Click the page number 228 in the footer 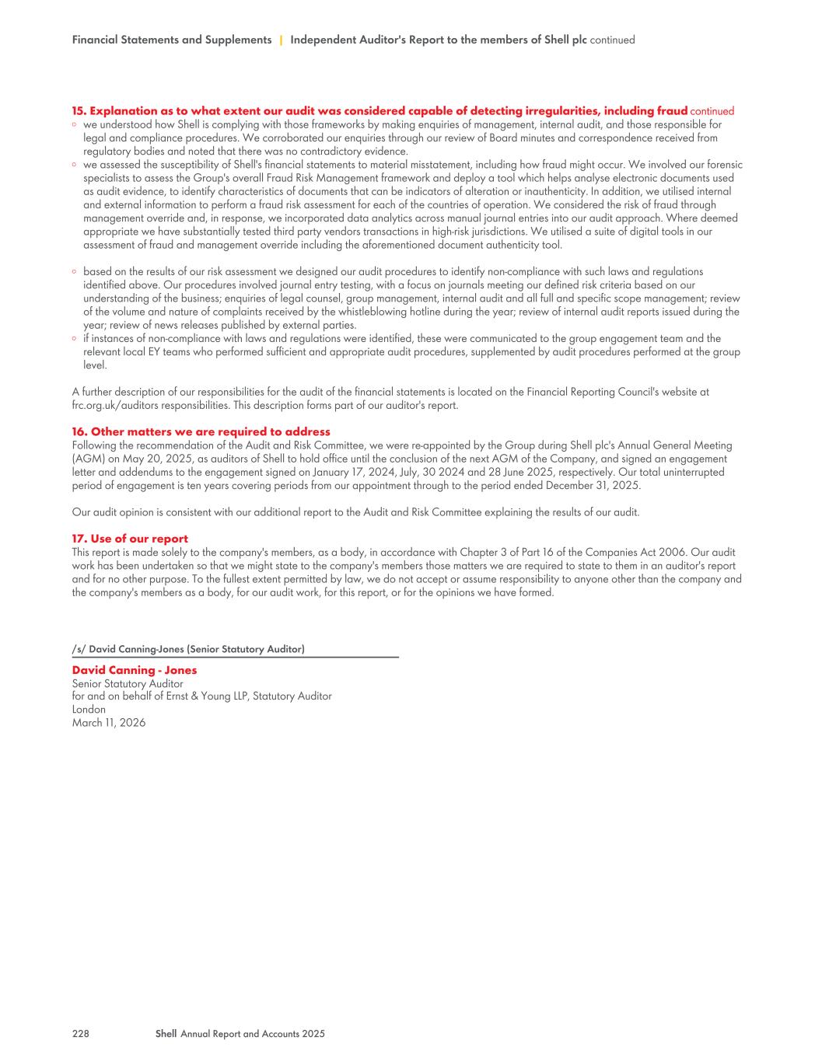click(x=80, y=1034)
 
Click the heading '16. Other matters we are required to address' click(x=201, y=431)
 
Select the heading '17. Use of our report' click(x=130, y=539)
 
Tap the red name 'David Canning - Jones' click(x=135, y=670)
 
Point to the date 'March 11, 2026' click(x=109, y=723)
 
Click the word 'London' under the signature click(x=89, y=710)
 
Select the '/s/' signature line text click(x=188, y=649)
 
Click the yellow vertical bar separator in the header click(x=281, y=40)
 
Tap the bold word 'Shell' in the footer click(x=166, y=1034)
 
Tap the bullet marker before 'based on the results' click(x=74, y=272)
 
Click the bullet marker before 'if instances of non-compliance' click(x=74, y=339)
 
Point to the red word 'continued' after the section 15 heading click(x=712, y=111)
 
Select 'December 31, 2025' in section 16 click(x=593, y=486)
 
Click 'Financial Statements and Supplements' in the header click(x=171, y=40)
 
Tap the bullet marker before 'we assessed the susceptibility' click(x=74, y=165)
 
